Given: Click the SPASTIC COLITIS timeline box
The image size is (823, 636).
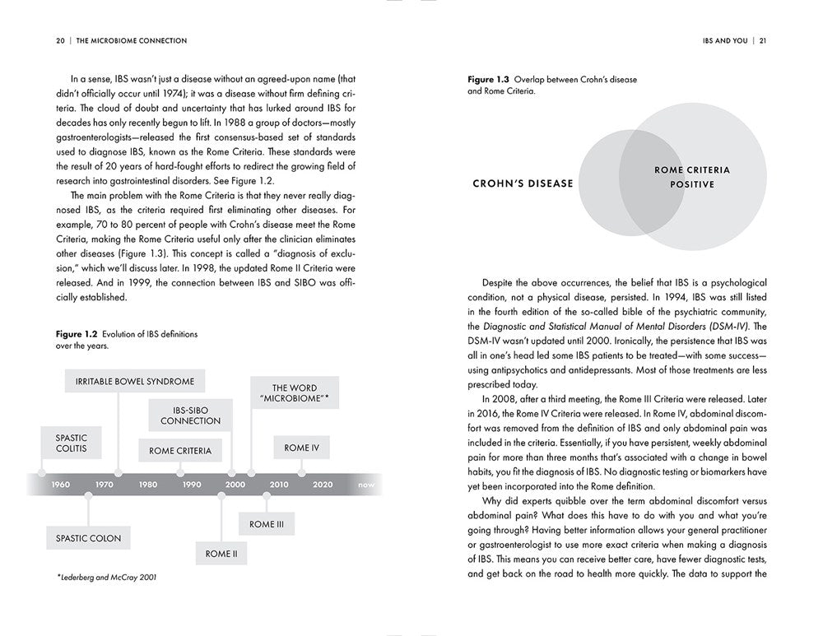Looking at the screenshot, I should (x=71, y=443).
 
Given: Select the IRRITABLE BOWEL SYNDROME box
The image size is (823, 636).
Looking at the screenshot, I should (x=135, y=382).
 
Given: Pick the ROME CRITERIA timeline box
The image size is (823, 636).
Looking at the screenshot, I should (x=180, y=450).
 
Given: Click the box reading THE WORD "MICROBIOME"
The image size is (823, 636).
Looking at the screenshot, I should (x=294, y=393).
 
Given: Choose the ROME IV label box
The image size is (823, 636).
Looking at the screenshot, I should (x=301, y=448).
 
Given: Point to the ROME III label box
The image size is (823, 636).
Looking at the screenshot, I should (x=267, y=523).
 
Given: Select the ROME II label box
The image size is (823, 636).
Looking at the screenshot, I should (x=221, y=554).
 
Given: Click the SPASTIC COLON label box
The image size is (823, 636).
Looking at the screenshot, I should (x=88, y=538).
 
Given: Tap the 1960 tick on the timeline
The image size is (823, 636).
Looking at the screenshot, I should (x=61, y=485).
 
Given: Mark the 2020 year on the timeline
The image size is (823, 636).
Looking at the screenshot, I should (x=323, y=485).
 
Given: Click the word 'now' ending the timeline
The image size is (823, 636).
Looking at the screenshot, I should (x=366, y=485).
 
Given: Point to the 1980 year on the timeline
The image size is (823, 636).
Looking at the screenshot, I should (x=148, y=485).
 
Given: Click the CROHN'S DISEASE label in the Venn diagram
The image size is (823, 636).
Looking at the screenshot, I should (x=523, y=183).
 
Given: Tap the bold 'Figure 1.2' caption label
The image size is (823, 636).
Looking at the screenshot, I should (x=77, y=334).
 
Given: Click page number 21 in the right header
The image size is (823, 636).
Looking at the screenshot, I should (x=763, y=40).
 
